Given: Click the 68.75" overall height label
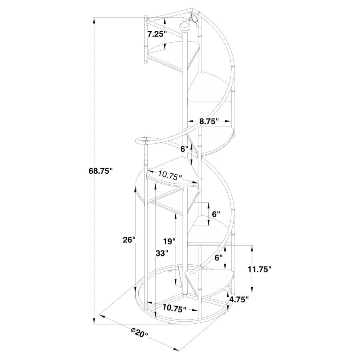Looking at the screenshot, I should coord(101,171).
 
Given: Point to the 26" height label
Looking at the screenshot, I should coord(129,240).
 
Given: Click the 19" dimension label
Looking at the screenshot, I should coord(169,241).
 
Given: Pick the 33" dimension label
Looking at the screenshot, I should coord(162,253).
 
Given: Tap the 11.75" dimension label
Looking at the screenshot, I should coord(259,269).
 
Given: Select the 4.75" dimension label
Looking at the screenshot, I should coord(239,299).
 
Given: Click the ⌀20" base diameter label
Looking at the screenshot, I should coord(139,333).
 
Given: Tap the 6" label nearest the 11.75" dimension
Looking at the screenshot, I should coord(218,258).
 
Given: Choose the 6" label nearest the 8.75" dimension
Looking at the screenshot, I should coord(184,149).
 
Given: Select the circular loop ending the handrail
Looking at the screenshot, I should coord(142,140).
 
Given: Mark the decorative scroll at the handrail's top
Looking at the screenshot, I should coord(194,18).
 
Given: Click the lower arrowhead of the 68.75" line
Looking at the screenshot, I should coord(94,321).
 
